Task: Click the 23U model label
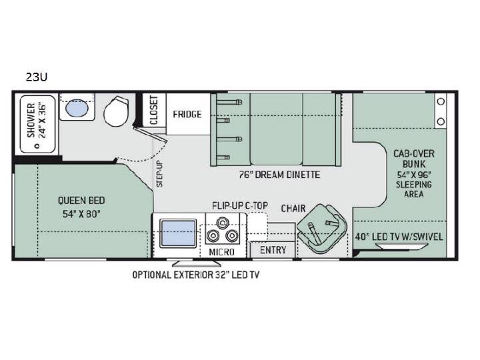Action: click(x=37, y=77)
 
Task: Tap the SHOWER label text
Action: click(x=31, y=120)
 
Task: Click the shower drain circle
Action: click(x=37, y=146)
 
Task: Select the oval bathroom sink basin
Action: click(x=77, y=108)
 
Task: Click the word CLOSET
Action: click(x=154, y=110)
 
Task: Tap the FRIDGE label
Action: click(x=187, y=115)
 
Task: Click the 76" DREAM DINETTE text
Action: click(x=279, y=175)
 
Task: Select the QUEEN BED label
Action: click(x=81, y=201)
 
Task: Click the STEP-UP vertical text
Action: click(x=160, y=173)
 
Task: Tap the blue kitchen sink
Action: click(x=178, y=233)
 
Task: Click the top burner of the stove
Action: click(x=222, y=222)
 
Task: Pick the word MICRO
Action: click(x=221, y=252)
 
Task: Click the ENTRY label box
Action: click(x=273, y=250)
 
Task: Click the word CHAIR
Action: click(x=293, y=209)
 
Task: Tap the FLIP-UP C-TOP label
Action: click(x=240, y=206)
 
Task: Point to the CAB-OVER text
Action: click(x=414, y=154)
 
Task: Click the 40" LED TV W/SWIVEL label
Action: click(x=399, y=237)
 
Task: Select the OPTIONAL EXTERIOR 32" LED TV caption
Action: click(x=196, y=275)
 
